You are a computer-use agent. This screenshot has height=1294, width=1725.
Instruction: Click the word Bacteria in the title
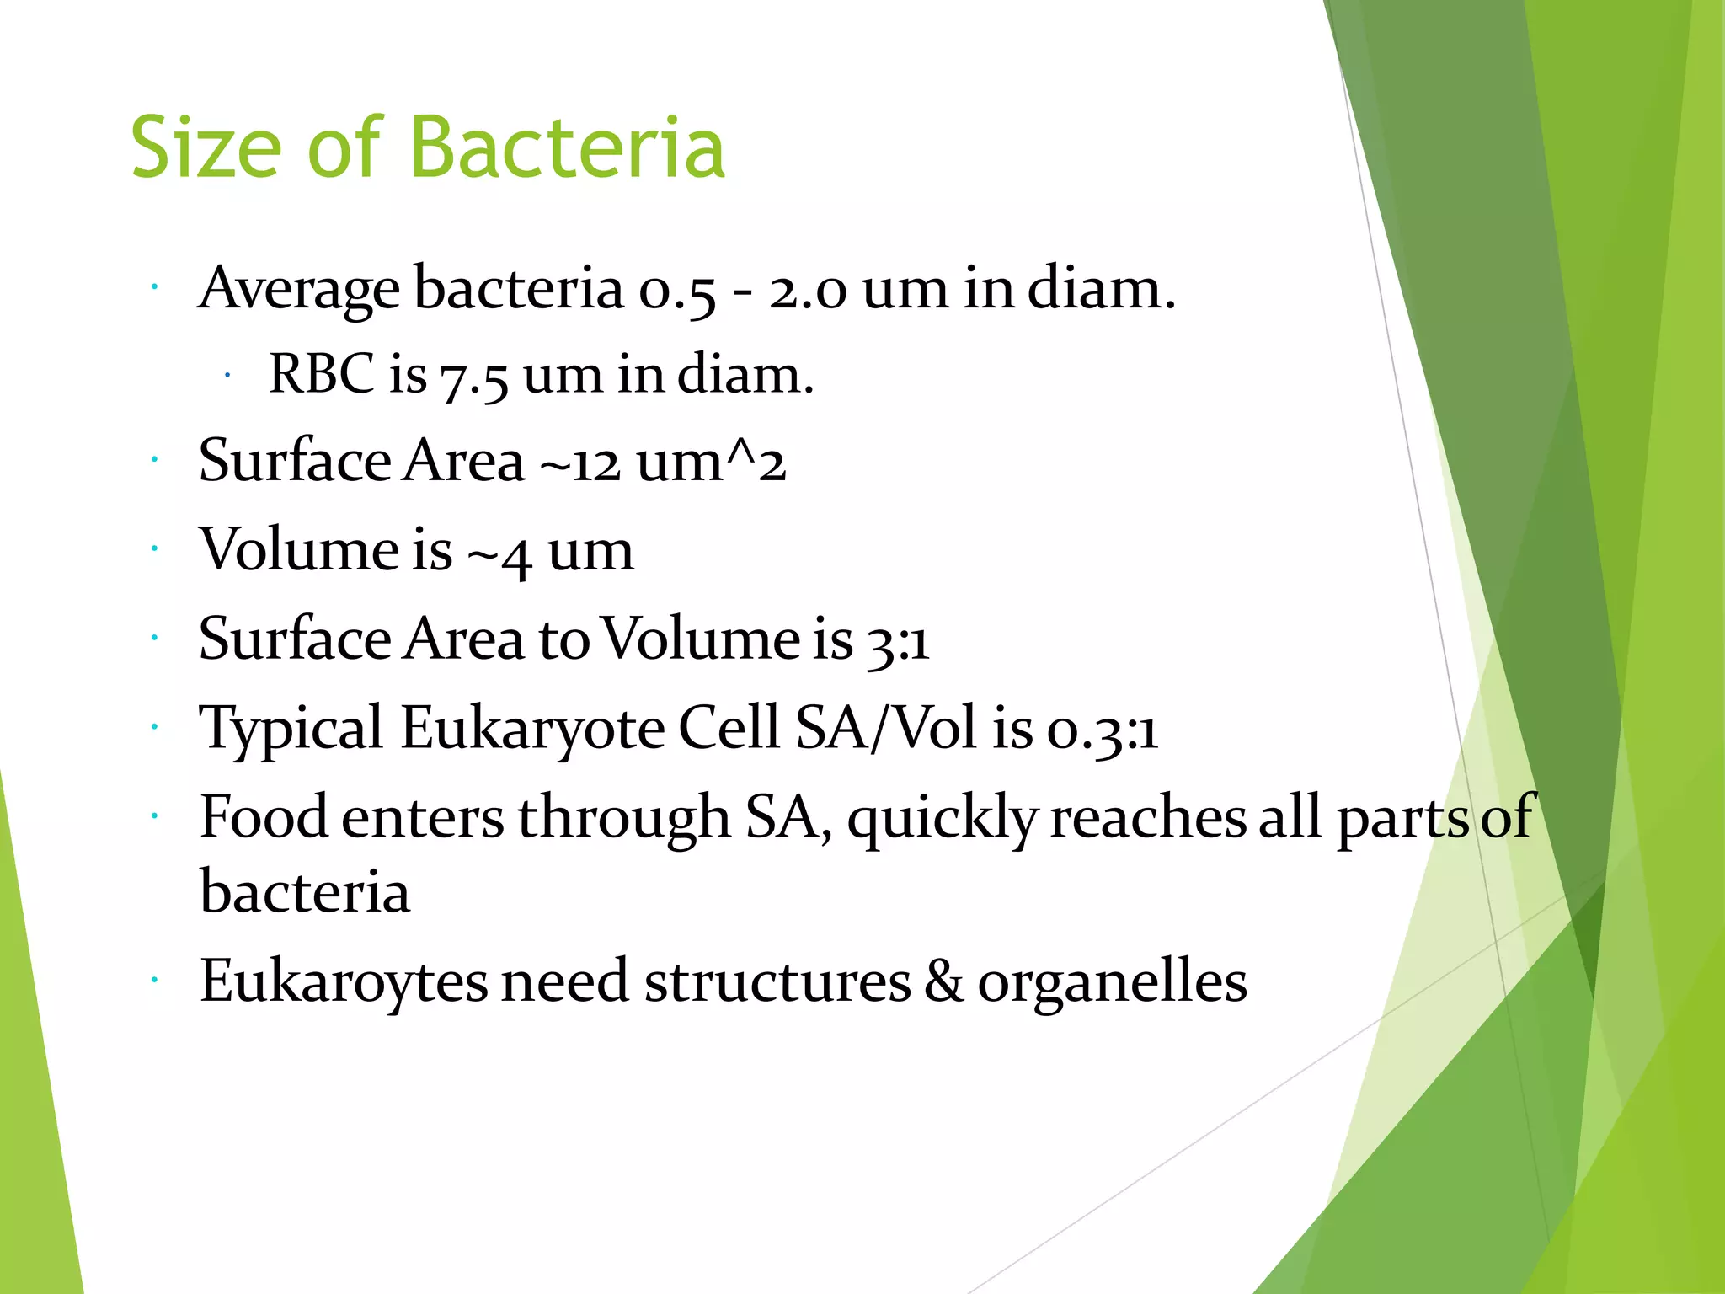coord(568,148)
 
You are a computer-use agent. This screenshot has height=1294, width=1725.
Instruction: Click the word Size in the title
coord(206,148)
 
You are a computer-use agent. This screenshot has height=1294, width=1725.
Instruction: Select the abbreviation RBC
coord(321,374)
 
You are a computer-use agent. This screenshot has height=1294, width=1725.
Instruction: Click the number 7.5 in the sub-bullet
coord(474,377)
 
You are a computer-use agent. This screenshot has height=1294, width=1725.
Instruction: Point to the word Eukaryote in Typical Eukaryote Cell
coord(531,730)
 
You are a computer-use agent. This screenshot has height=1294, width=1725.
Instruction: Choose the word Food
coord(264,817)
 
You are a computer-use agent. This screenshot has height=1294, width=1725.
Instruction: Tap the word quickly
coord(942,820)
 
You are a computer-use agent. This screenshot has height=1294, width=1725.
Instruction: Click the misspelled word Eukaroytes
coord(344,983)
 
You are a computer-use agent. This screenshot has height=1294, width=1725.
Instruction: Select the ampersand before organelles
coord(944,981)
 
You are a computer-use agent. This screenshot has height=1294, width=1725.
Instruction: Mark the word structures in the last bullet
coord(777,983)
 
